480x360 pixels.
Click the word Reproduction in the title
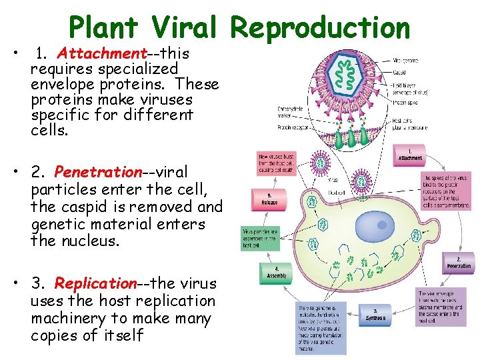point(321,28)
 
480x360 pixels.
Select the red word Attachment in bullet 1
point(101,53)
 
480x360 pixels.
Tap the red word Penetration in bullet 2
point(99,173)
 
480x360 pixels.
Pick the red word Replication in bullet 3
point(95,284)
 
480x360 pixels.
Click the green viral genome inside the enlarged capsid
point(347,77)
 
